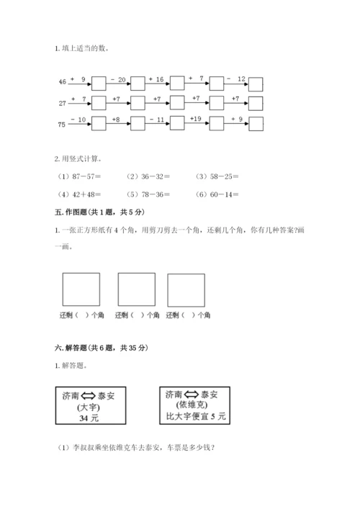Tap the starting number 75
pyautogui.click(x=61, y=124)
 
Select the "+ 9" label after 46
pyautogui.click(x=79, y=78)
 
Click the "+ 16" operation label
pyautogui.click(x=157, y=78)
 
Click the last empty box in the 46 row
pyautogui.click(x=256, y=84)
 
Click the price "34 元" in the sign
pyautogui.click(x=86, y=416)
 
